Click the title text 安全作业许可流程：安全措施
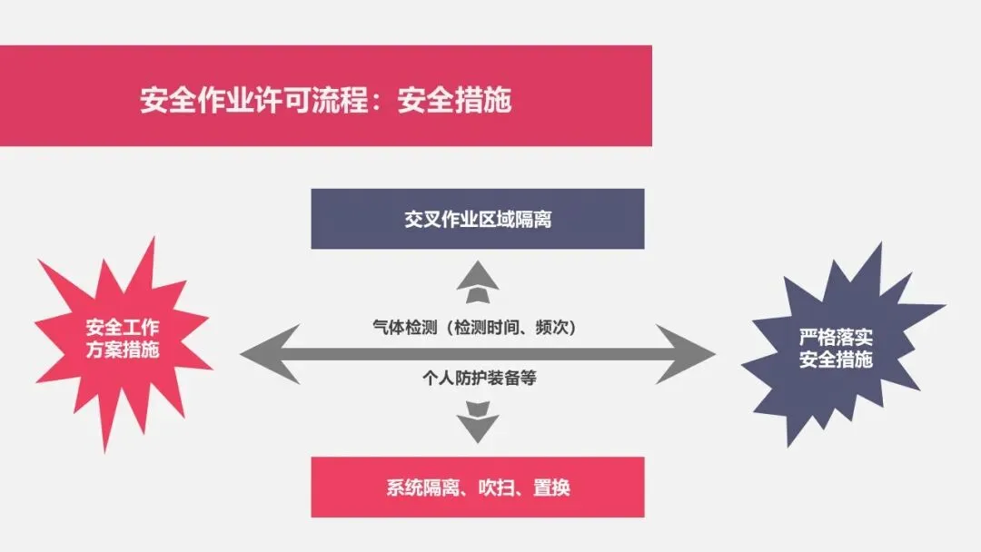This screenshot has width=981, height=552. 325,99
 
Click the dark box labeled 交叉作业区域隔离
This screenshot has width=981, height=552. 478,219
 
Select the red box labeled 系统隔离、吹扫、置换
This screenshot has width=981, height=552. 478,488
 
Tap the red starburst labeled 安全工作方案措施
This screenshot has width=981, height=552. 123,339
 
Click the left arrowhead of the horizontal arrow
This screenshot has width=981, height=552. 263,353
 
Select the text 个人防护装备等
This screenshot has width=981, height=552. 478,377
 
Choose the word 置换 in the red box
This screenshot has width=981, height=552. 550,488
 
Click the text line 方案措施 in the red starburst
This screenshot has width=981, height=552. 123,350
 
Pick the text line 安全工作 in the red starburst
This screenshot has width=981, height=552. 123,328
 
